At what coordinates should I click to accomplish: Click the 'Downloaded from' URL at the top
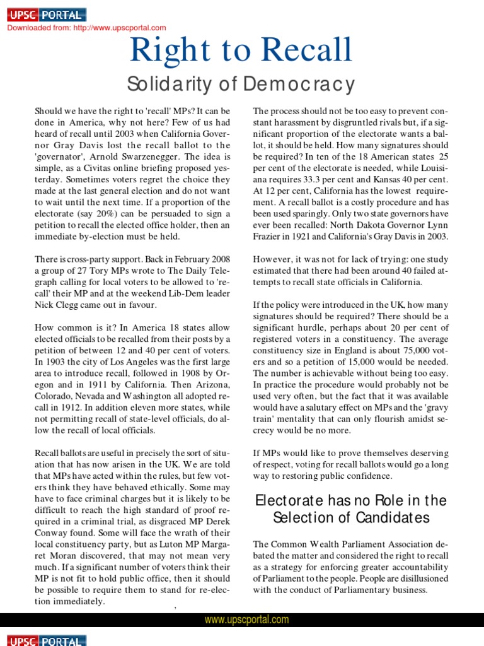point(86,28)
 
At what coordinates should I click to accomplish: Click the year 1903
point(58,363)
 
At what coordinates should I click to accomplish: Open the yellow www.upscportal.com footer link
point(246,620)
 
